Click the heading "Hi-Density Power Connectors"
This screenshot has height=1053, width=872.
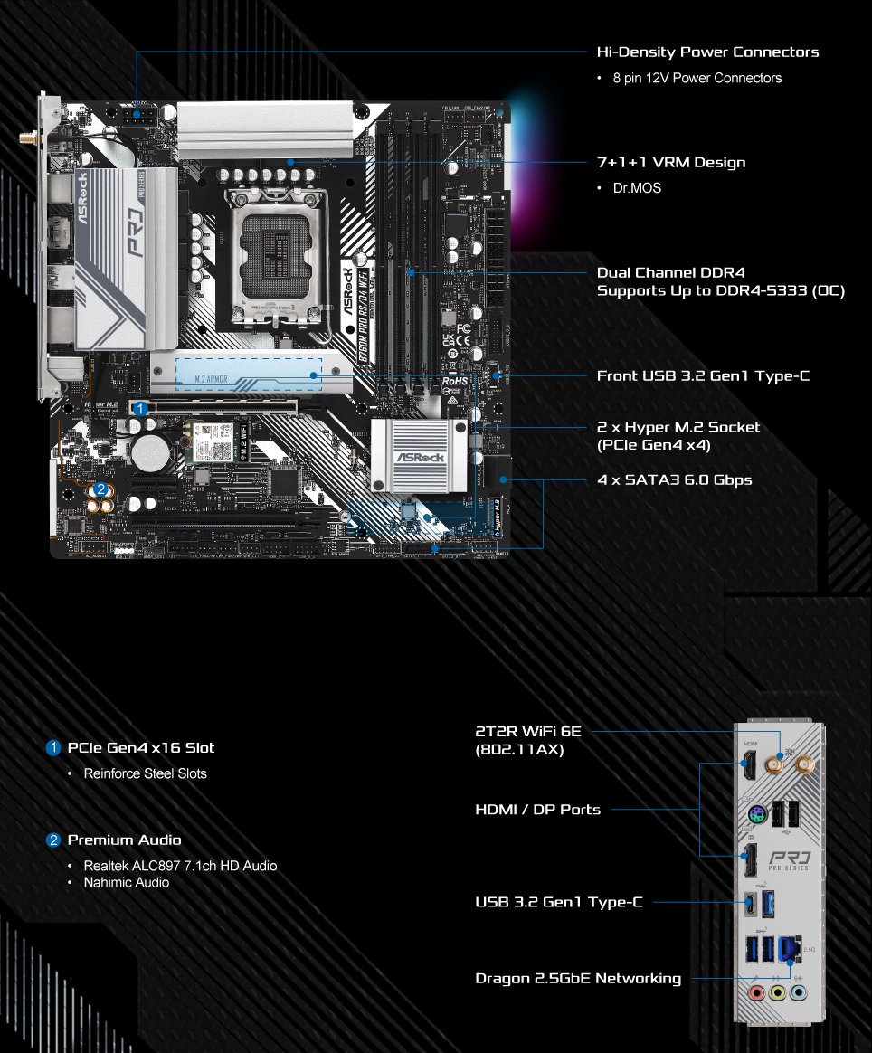[707, 52]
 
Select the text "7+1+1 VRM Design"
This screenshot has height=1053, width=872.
[671, 163]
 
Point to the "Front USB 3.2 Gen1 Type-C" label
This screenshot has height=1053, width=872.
[703, 375]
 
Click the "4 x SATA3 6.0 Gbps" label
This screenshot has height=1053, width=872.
[674, 479]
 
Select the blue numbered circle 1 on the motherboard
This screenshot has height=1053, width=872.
[140, 409]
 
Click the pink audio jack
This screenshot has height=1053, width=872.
[755, 993]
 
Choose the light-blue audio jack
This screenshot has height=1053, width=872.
[797, 993]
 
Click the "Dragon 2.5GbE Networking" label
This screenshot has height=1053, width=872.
[578, 978]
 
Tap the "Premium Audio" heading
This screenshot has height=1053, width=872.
[124, 840]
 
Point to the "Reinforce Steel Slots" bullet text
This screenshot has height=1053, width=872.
[145, 773]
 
